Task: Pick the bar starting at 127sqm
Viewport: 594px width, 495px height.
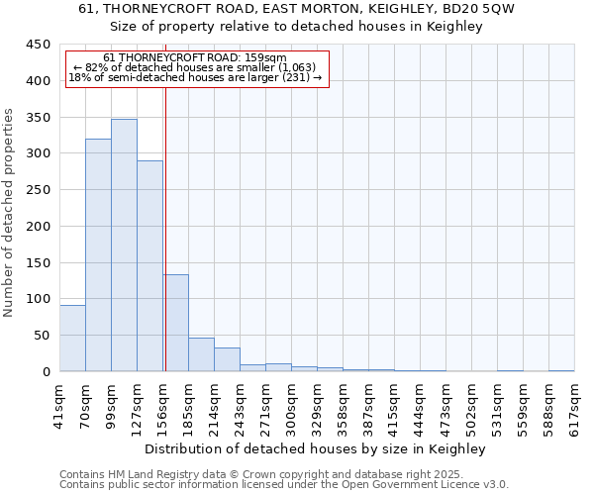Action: pyautogui.click(x=149, y=266)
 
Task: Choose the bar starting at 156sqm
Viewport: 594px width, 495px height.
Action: pyautogui.click(x=175, y=323)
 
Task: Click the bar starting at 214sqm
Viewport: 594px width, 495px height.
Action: pyautogui.click(x=227, y=359)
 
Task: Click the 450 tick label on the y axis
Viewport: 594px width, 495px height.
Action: pyautogui.click(x=38, y=45)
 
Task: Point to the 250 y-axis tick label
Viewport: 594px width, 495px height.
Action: pyautogui.click(x=38, y=190)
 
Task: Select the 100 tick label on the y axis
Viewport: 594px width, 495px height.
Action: pyautogui.click(x=38, y=299)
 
